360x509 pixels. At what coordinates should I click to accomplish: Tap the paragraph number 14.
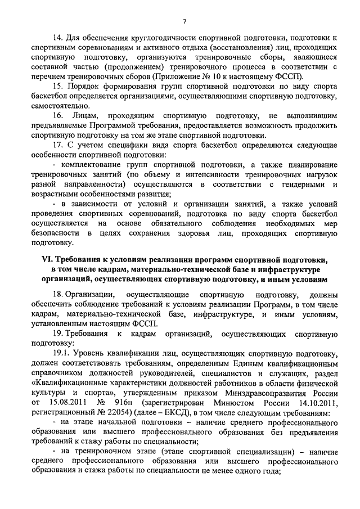pos(57,38)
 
